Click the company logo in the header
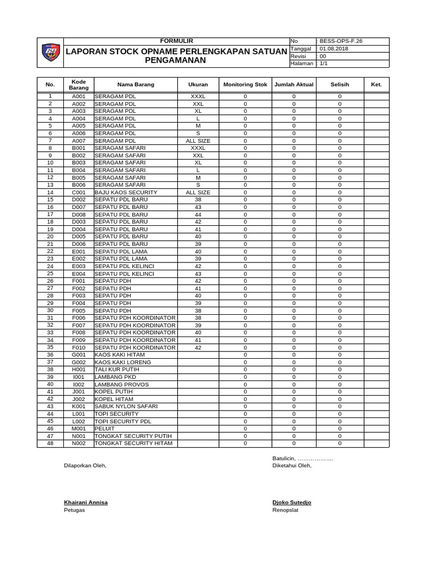[x=50, y=53]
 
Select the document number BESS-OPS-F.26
[x=340, y=41]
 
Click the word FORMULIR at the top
[x=177, y=41]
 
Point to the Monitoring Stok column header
[x=245, y=84]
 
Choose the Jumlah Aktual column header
[x=294, y=84]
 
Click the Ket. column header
[x=376, y=84]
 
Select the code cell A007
[x=78, y=140]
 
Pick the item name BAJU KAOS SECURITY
[x=126, y=193]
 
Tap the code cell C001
[x=78, y=193]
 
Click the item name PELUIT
[x=104, y=428]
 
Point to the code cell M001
[x=78, y=428]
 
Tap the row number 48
[x=50, y=443]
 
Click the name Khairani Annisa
[x=86, y=502]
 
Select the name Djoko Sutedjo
[x=292, y=502]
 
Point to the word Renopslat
[x=286, y=510]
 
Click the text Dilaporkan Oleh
[x=85, y=465]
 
